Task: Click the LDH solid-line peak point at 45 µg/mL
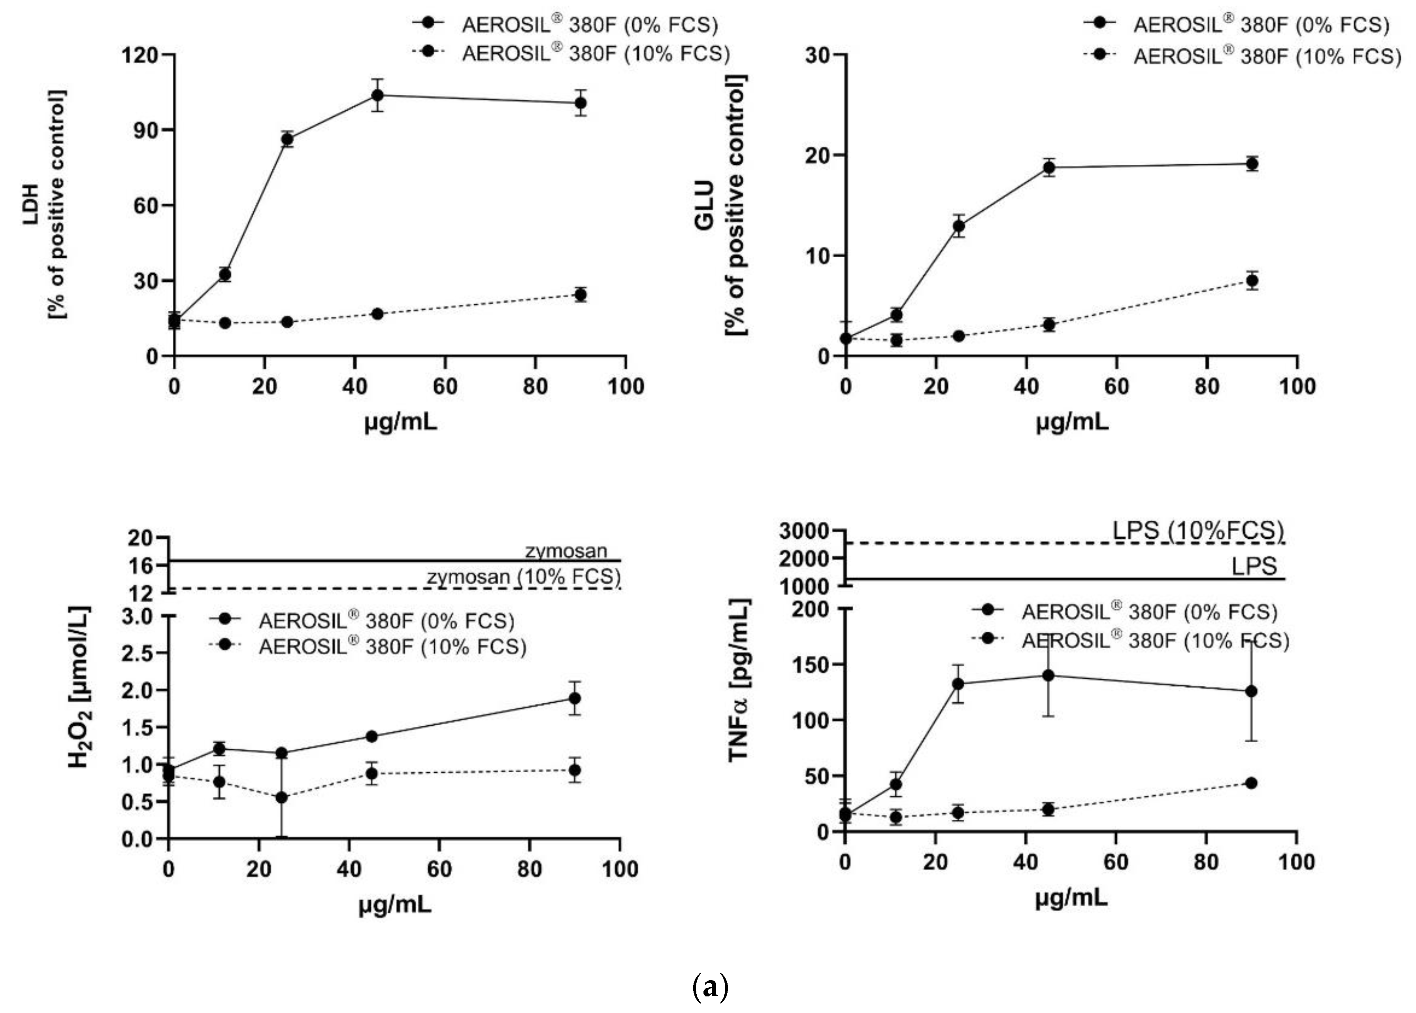(x=377, y=95)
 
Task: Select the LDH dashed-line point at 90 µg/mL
(x=581, y=294)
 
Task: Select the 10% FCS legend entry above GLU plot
(x=1241, y=56)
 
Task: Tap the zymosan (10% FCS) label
(x=524, y=577)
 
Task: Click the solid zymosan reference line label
(x=566, y=551)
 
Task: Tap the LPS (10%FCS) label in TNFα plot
(x=1198, y=530)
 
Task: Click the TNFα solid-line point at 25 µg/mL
(x=958, y=684)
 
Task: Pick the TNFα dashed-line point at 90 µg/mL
(x=1251, y=783)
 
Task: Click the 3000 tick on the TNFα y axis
(x=804, y=531)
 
